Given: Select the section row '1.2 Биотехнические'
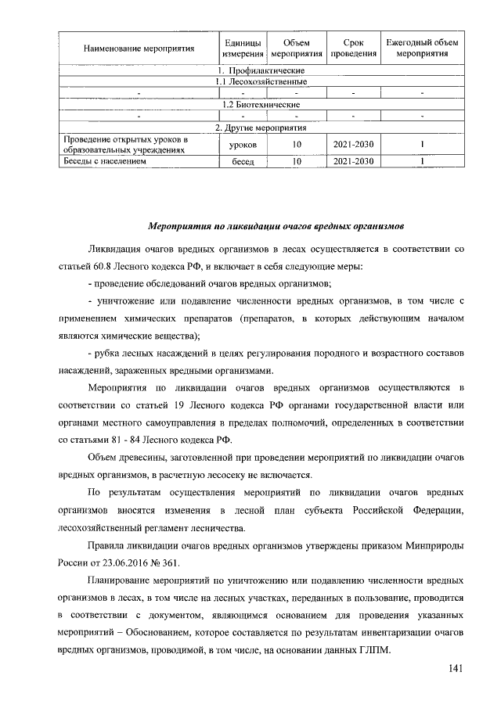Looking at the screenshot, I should pos(261,104).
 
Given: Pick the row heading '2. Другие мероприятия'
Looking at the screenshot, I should pos(261,128).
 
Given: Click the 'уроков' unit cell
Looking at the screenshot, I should pos(242,145).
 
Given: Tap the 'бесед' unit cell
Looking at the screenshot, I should pos(242,162).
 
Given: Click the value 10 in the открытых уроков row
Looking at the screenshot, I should pos(297,145).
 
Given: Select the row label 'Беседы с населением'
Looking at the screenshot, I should pos(106,162).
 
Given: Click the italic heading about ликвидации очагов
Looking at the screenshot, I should pos(276,227).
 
